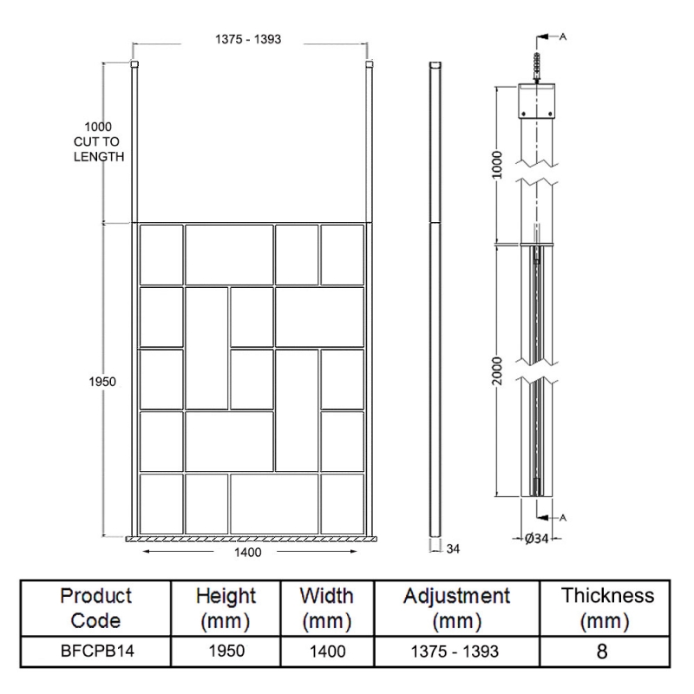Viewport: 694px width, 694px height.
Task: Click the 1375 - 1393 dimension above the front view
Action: point(248,39)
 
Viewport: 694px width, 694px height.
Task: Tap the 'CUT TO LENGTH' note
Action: point(98,148)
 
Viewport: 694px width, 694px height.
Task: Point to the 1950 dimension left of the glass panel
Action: point(101,382)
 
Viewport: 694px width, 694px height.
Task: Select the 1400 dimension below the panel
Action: point(249,551)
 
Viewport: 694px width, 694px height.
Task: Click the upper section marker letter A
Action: point(564,36)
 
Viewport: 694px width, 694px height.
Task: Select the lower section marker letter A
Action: point(564,518)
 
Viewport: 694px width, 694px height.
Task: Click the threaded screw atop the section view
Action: point(538,66)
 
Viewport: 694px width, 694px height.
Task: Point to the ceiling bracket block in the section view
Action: point(538,102)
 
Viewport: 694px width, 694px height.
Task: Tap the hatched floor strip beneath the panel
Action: point(252,538)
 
